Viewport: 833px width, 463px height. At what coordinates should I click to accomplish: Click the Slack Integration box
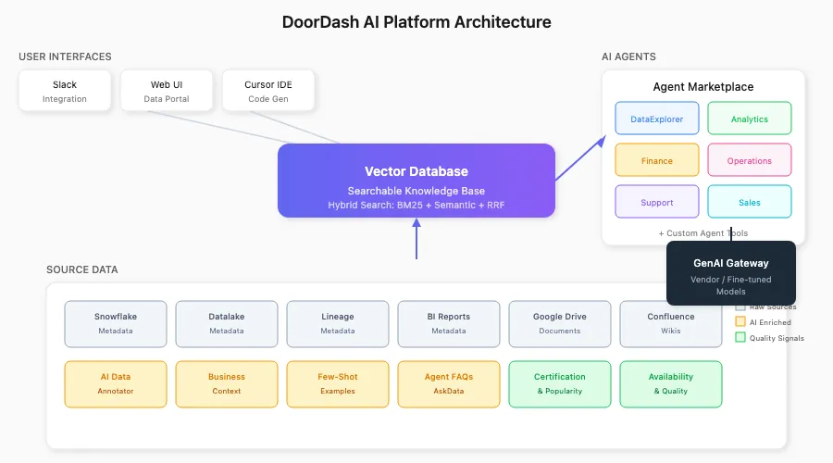65,91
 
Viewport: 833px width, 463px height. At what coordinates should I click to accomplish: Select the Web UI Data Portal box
167,91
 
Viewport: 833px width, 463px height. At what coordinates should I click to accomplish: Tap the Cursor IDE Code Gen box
268,91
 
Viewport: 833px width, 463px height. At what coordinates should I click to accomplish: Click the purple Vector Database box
416,181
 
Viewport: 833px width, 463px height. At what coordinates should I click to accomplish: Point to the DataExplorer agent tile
657,119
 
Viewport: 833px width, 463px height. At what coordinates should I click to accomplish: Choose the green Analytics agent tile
750,119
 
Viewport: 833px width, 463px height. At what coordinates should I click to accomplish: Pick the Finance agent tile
657,160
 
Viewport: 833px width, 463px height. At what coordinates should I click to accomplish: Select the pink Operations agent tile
750,160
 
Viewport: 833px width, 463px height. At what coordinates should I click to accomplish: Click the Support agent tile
657,202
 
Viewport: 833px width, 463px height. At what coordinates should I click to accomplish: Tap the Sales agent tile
750,202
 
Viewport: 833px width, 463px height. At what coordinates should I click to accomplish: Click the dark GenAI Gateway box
731,272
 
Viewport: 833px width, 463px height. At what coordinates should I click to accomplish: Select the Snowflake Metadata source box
116,323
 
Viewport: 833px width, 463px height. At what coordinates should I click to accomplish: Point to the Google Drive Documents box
560,323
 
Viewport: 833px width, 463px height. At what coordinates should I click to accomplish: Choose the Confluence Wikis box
671,323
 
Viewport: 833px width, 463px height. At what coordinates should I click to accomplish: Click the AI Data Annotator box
116,383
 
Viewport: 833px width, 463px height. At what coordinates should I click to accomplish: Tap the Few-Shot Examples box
338,383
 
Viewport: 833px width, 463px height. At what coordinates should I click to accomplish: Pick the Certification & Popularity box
560,383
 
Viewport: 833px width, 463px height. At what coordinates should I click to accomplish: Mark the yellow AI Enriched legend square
740,321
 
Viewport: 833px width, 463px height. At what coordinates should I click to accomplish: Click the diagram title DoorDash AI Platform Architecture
416,22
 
